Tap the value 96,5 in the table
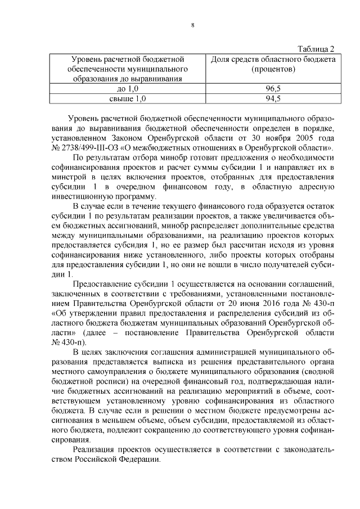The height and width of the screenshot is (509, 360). click(273, 89)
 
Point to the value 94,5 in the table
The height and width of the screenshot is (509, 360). click(273, 99)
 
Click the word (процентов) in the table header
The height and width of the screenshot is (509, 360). click(273, 69)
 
